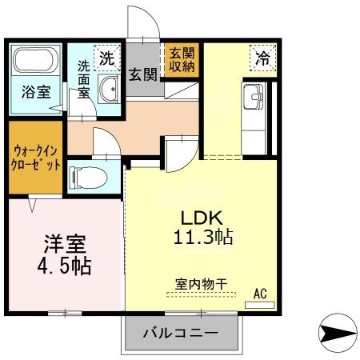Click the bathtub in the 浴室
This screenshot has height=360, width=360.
[x=35, y=60]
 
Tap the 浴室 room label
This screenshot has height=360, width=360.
[x=36, y=92]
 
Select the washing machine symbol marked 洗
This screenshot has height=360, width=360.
[x=107, y=58]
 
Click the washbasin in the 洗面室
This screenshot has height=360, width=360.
[x=109, y=89]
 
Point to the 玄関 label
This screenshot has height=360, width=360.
[x=143, y=74]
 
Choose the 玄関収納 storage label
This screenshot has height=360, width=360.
[x=182, y=60]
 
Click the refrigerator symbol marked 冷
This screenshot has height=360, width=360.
[x=263, y=58]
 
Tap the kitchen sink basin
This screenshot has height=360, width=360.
[x=254, y=97]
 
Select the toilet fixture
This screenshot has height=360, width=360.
[x=88, y=178]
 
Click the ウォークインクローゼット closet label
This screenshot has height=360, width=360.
[x=36, y=158]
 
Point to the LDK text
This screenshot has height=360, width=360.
[x=202, y=218]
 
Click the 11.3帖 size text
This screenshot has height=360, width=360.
[x=203, y=237]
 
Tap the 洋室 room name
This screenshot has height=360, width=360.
[x=65, y=244]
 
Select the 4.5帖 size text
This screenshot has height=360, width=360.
[x=64, y=266]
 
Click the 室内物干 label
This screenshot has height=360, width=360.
[x=202, y=284]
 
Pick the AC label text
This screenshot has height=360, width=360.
[x=260, y=294]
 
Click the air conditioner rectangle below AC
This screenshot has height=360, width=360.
[x=260, y=305]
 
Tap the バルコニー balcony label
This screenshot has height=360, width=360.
[x=181, y=333]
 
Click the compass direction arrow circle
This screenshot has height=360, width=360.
[x=338, y=333]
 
